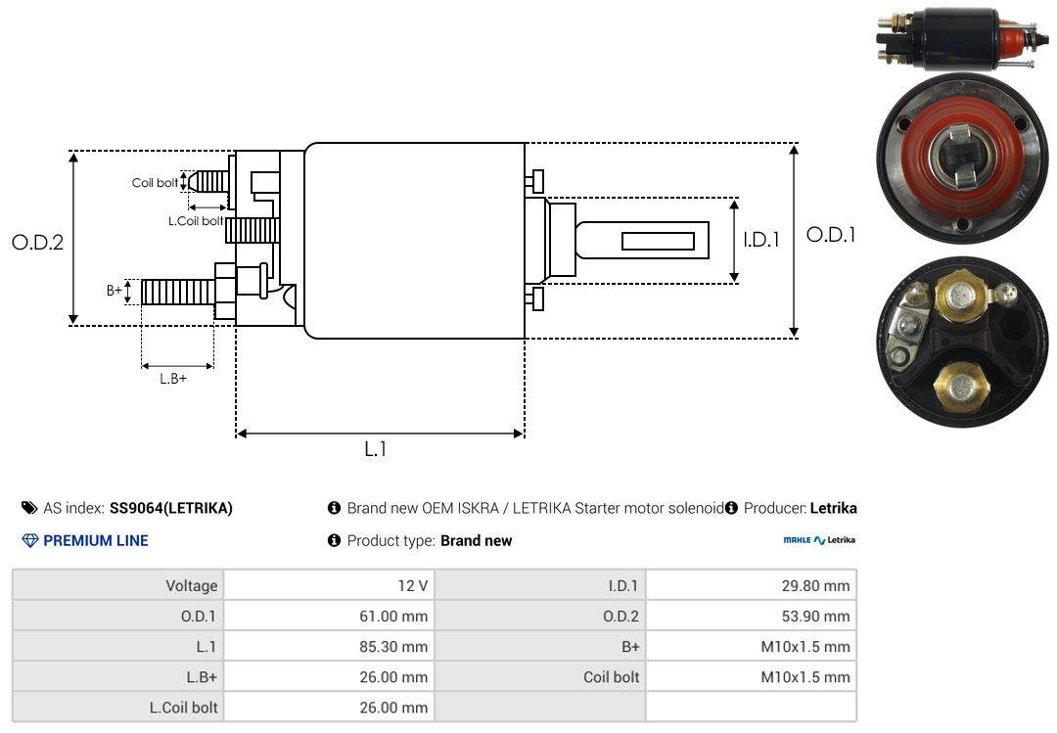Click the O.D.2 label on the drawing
(38, 242)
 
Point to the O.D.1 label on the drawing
(831, 235)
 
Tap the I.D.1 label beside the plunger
(761, 240)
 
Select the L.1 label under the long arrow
(376, 449)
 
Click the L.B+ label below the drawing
(173, 379)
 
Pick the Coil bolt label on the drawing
(155, 183)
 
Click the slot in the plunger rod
(658, 241)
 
